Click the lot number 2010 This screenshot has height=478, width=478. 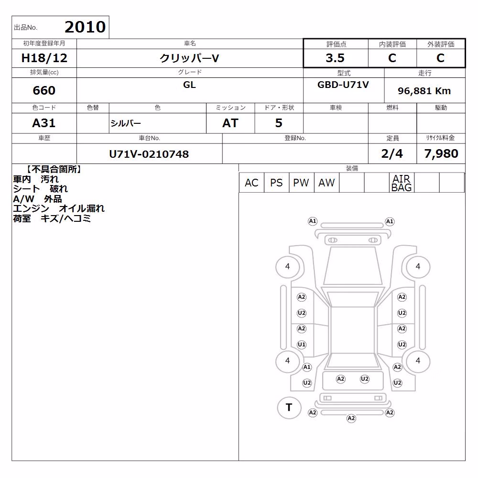(85, 27)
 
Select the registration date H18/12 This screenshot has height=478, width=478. (44, 58)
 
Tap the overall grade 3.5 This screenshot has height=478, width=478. (335, 58)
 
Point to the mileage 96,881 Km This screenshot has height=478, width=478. (424, 91)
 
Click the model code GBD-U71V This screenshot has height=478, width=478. (343, 85)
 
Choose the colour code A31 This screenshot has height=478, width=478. (44, 123)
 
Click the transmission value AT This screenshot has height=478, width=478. (230, 123)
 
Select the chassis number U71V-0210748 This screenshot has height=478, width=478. (149, 154)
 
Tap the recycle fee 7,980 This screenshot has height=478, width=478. (441, 153)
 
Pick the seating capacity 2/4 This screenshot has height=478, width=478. (392, 153)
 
